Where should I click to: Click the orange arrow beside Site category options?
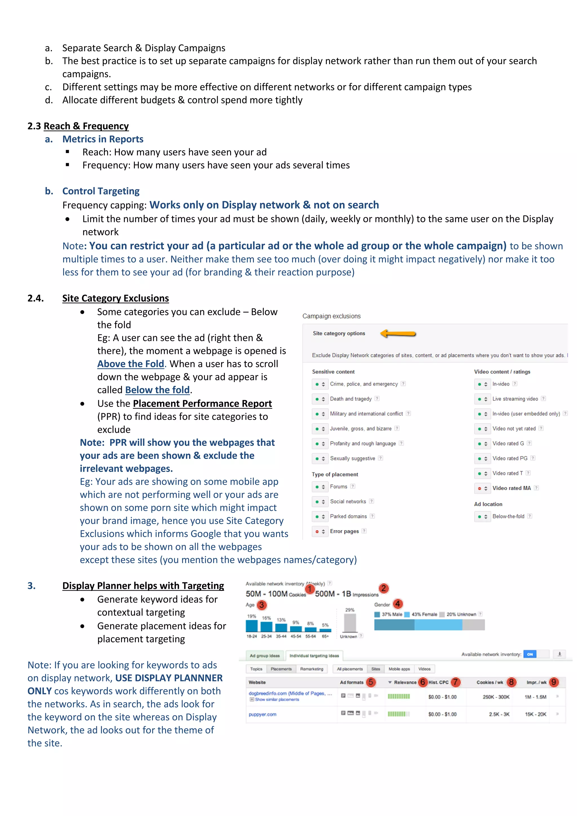(398, 333)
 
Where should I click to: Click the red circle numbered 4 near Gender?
(398, 604)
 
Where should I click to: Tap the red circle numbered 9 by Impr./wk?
(554, 682)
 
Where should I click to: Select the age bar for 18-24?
(252, 626)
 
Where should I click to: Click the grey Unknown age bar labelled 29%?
(350, 622)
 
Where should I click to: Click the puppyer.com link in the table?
(263, 714)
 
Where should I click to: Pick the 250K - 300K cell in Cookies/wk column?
(496, 697)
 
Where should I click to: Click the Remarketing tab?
(312, 669)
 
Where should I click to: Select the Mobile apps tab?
(399, 669)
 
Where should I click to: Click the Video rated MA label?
(511, 488)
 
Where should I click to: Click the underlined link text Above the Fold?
(131, 364)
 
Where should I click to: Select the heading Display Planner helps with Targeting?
(143, 586)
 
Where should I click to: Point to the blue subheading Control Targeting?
(101, 191)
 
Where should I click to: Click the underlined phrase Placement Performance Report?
(202, 403)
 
